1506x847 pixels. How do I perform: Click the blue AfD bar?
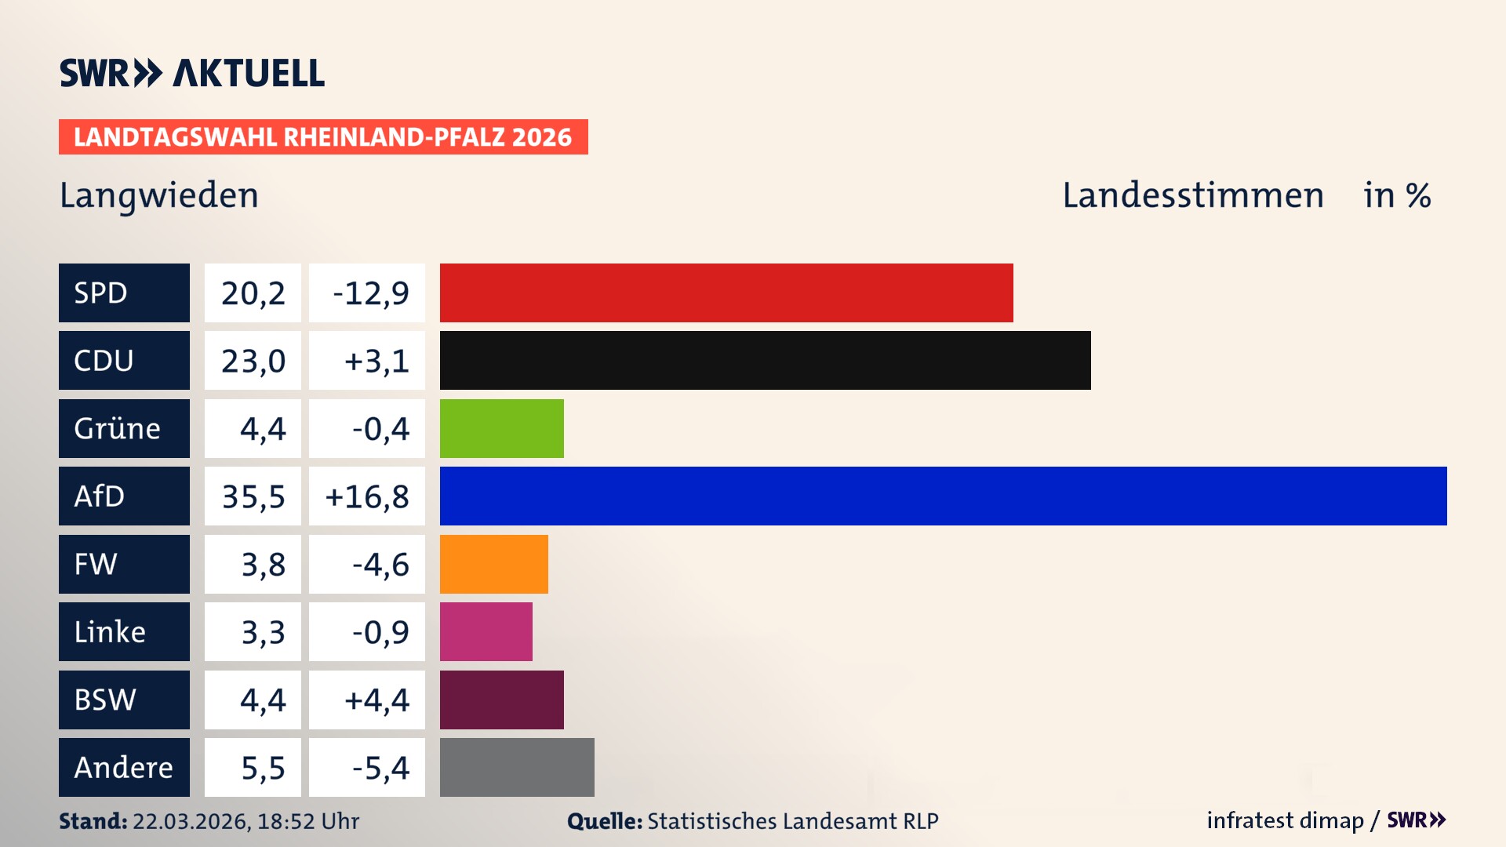coord(943,496)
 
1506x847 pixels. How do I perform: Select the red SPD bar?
coord(726,293)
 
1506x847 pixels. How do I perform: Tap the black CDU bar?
coord(765,360)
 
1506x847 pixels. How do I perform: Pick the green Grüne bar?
coord(501,428)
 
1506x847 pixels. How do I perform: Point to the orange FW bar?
coord(493,564)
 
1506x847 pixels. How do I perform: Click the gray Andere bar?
coord(517,767)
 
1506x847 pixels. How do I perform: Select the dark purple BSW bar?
coord(501,700)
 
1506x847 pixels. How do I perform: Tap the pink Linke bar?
coord(486,631)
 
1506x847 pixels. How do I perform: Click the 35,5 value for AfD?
coord(253,496)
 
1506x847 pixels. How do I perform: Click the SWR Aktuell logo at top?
coord(191,73)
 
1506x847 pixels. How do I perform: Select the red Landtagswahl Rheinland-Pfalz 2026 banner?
coord(323,137)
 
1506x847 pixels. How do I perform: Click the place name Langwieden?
coord(159,195)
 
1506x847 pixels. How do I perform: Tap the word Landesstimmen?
coord(1192,195)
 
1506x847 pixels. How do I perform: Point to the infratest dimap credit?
coord(1285,820)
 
